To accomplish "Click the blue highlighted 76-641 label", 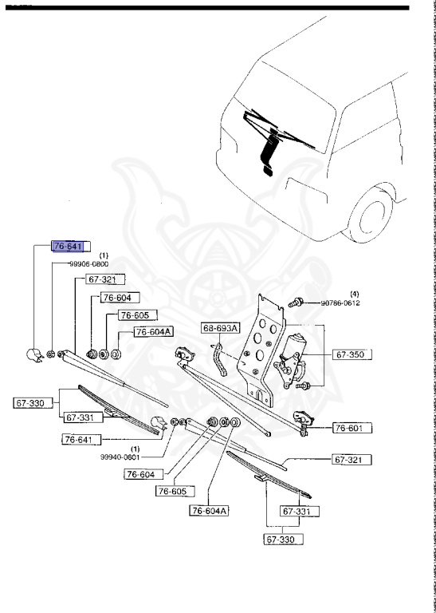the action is (68, 247).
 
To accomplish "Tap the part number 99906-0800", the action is (89, 264).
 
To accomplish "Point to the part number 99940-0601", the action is (120, 457).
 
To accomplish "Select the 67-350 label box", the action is (352, 354).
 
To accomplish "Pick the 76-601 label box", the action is (352, 428).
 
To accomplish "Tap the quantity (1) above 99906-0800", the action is (104, 255).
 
